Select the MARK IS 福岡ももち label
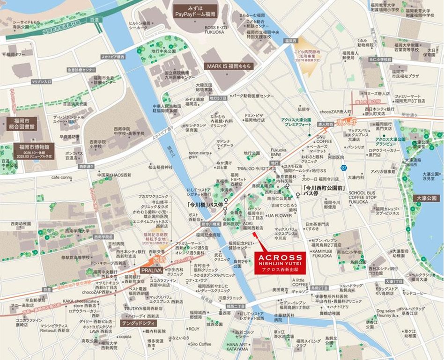click(229, 66)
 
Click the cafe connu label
click(62, 177)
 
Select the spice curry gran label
click(199, 155)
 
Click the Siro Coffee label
click(200, 344)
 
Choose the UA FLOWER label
click(280, 216)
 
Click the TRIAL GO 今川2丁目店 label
click(256, 169)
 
